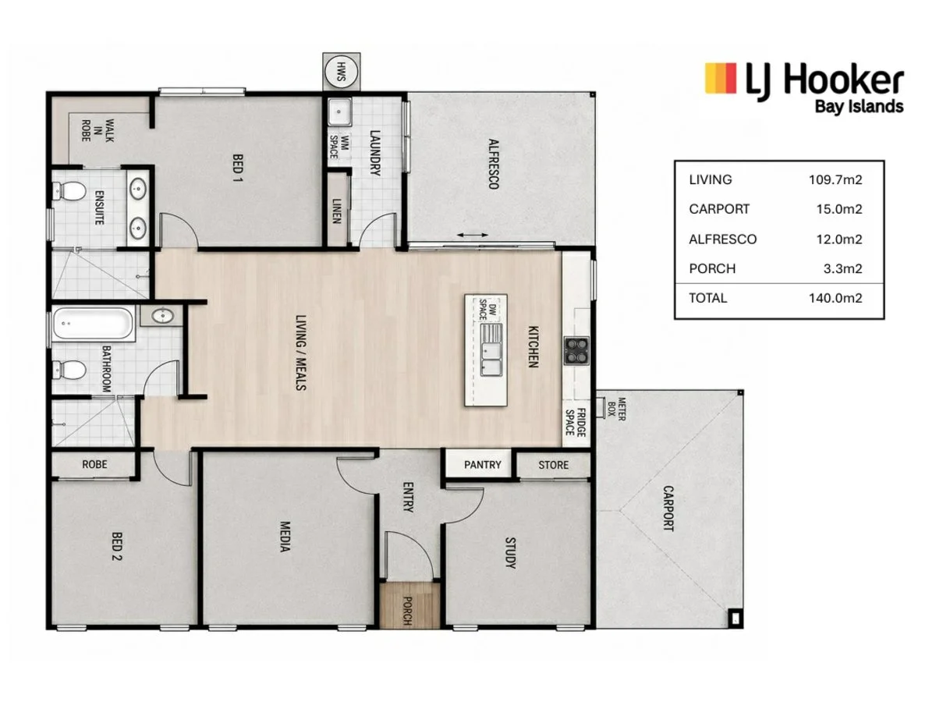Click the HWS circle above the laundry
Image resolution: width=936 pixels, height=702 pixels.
pyautogui.click(x=341, y=72)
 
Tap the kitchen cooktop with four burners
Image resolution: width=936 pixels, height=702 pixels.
pyautogui.click(x=576, y=350)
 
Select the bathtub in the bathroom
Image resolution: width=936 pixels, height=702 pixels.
pyautogui.click(x=92, y=324)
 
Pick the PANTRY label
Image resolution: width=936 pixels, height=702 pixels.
pyautogui.click(x=482, y=464)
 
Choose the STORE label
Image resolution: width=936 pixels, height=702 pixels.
pyautogui.click(x=553, y=465)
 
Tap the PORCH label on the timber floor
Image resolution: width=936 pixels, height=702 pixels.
pyautogui.click(x=408, y=611)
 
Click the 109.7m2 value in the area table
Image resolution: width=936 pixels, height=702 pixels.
pyautogui.click(x=835, y=179)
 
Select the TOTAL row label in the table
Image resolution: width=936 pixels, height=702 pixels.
pyautogui.click(x=707, y=297)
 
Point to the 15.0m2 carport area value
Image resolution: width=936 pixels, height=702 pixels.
pyautogui.click(x=838, y=209)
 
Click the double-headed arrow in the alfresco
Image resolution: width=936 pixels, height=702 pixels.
pyautogui.click(x=472, y=235)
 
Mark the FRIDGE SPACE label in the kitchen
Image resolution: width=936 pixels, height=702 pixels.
pyautogui.click(x=575, y=423)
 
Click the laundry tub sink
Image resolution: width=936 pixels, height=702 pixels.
pyautogui.click(x=339, y=112)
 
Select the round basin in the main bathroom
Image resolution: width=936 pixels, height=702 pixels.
pyautogui.click(x=162, y=316)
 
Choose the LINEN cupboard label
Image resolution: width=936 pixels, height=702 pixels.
pyautogui.click(x=336, y=211)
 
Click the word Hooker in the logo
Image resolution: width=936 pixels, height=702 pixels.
pyautogui.click(x=843, y=80)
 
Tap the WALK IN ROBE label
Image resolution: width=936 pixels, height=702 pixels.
pyautogui.click(x=97, y=130)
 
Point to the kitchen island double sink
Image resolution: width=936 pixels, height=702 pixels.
pyautogui.click(x=491, y=350)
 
